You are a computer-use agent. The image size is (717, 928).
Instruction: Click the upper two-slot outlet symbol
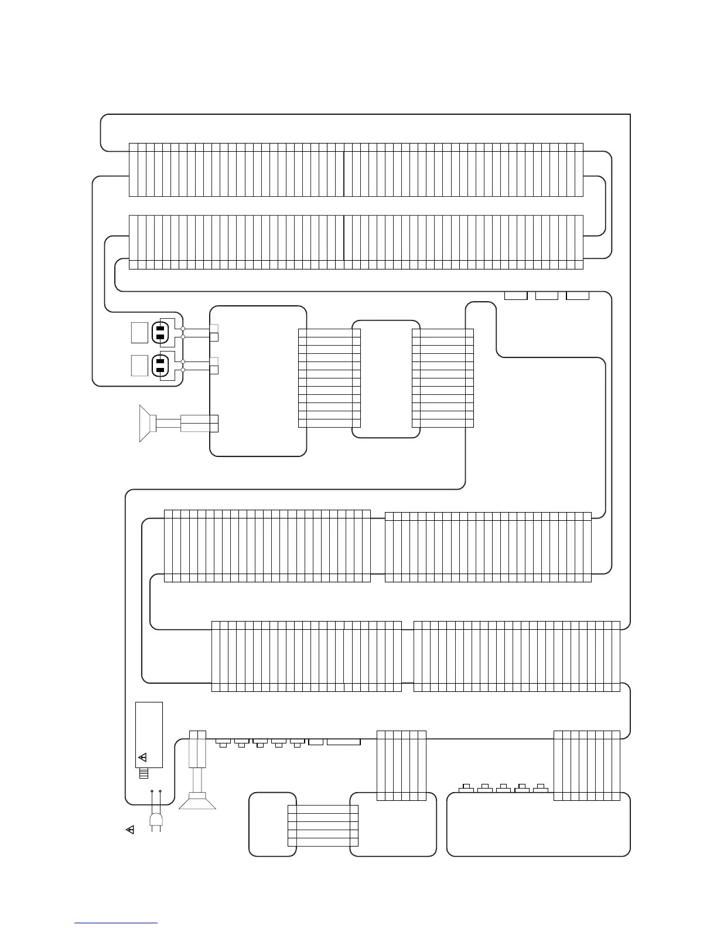[161, 332]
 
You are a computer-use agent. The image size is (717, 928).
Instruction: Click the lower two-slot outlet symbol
[161, 366]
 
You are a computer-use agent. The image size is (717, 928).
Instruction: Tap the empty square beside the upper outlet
[139, 332]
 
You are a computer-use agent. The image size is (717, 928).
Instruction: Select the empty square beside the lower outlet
[139, 366]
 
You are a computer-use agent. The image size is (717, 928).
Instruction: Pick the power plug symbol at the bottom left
[156, 821]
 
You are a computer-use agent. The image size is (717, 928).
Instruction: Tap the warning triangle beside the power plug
[130, 830]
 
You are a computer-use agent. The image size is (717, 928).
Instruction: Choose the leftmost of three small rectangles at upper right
[516, 295]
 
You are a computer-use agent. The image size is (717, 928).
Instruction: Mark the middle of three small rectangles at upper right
[547, 295]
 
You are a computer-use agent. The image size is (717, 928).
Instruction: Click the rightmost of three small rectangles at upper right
[578, 295]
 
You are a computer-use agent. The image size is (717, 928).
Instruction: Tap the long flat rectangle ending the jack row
[343, 742]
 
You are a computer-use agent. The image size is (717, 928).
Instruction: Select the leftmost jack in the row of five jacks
[223, 743]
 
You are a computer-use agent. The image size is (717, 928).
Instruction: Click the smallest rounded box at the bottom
[272, 824]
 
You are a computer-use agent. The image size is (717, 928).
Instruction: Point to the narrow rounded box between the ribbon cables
[386, 378]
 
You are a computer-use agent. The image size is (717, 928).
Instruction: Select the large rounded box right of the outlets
[258, 380]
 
